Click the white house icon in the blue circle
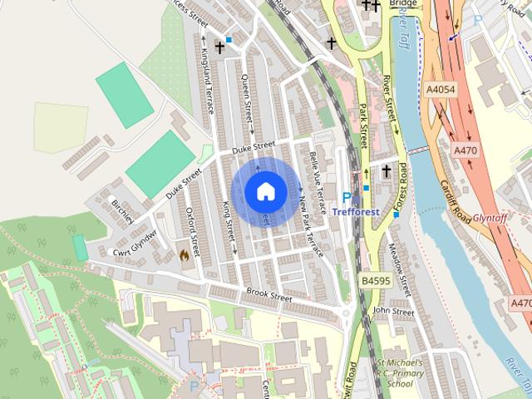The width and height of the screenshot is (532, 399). pyautogui.click(x=265, y=191)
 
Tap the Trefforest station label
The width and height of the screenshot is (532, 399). pyautogui.click(x=356, y=212)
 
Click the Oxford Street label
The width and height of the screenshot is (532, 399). pyautogui.click(x=193, y=232)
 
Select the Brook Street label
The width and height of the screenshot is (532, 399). pyautogui.click(x=269, y=294)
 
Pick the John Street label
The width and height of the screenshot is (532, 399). pyautogui.click(x=392, y=312)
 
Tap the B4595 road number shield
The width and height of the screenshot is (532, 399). pyautogui.click(x=377, y=283)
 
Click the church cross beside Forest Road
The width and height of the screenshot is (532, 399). pyautogui.click(x=386, y=171)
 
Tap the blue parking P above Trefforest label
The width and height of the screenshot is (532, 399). pyautogui.click(x=347, y=198)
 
